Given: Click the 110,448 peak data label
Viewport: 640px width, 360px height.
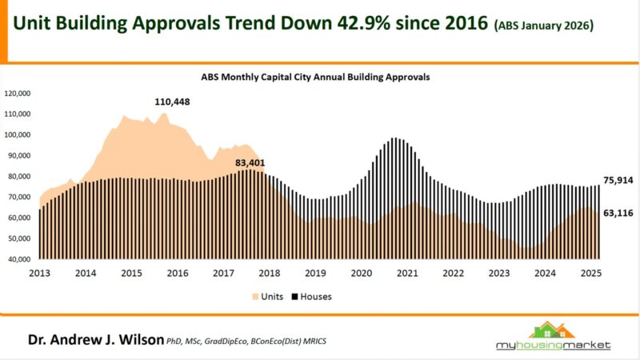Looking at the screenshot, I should (172, 102).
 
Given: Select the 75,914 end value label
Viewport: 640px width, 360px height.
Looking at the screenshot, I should (617, 181).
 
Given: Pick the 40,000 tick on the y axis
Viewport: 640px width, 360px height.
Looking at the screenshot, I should (19, 259).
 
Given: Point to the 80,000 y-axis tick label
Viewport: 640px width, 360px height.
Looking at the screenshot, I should (19, 176).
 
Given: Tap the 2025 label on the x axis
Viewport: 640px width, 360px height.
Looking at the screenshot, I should (590, 274).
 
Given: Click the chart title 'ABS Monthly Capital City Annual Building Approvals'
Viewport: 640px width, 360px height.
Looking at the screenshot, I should (314, 78).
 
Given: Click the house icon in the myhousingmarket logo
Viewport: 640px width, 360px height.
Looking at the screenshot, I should (552, 330).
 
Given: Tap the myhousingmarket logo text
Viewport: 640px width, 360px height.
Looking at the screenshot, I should (552, 346).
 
